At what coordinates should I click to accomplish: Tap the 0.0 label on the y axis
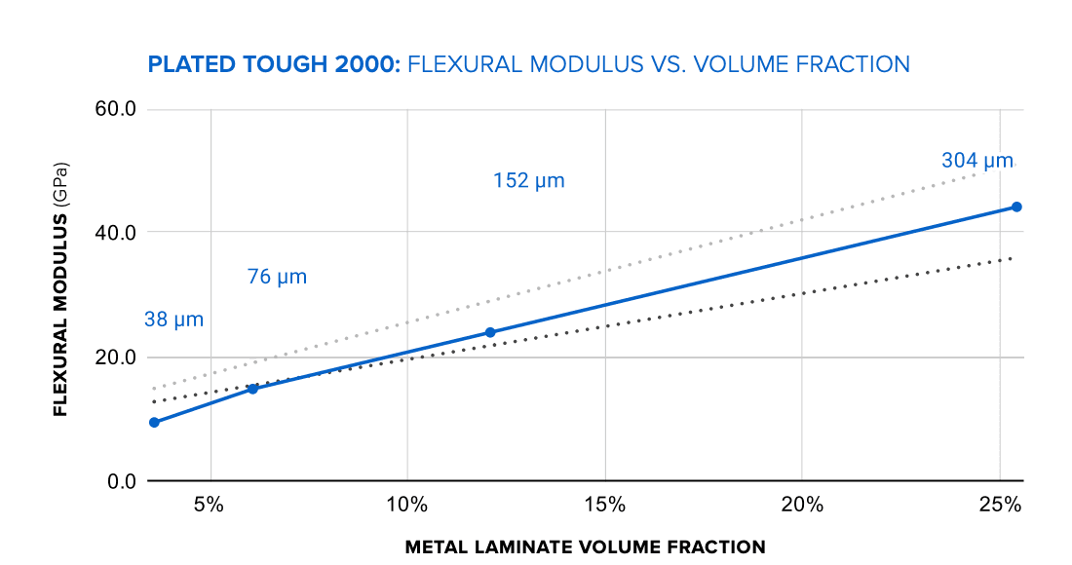coord(119,481)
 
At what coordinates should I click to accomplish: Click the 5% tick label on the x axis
coord(210,506)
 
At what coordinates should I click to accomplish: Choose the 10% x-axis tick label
coord(407,506)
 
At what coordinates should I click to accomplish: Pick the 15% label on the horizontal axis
coord(605,506)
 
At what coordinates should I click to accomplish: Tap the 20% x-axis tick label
coord(802,506)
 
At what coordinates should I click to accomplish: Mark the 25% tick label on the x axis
coord(1000,506)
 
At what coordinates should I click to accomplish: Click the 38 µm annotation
coord(173,320)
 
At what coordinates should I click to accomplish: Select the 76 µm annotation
coord(277,277)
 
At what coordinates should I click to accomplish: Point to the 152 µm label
coord(528,181)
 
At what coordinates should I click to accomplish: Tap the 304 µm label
coord(977,161)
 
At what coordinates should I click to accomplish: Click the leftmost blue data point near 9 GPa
coord(154,423)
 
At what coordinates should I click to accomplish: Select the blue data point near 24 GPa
coord(490,332)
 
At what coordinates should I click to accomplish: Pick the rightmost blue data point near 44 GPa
coord(1016,207)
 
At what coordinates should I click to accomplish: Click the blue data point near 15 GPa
coord(252,389)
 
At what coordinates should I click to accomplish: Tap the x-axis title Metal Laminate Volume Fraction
coord(585,546)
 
